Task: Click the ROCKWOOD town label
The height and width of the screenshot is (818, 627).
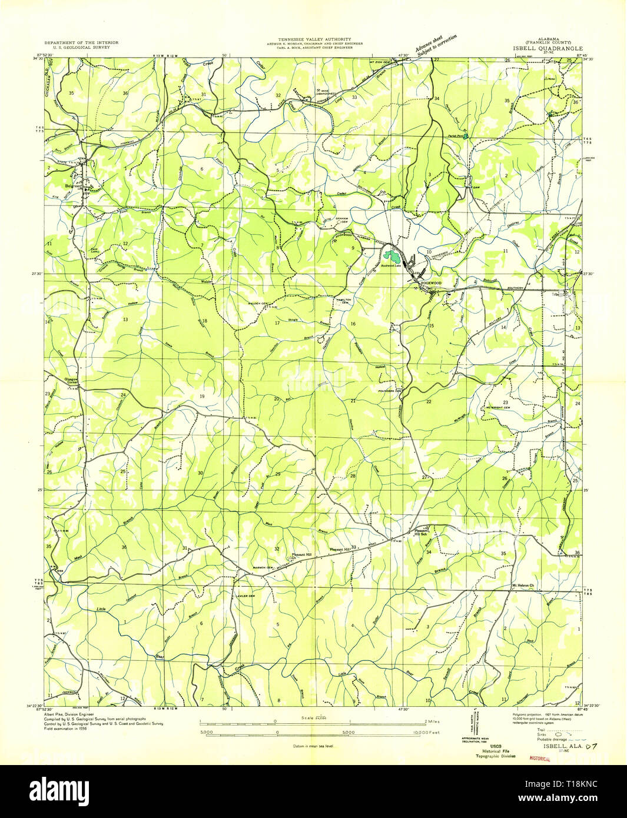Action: point(431,283)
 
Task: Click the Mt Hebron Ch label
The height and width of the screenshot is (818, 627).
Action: point(522,586)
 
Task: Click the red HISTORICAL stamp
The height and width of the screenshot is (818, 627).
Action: point(540,759)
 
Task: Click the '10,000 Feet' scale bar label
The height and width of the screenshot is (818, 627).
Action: point(427,733)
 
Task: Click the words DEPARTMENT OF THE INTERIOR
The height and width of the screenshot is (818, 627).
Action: point(81,43)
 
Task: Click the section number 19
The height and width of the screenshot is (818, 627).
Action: point(201,397)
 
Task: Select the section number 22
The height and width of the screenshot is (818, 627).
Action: point(429,401)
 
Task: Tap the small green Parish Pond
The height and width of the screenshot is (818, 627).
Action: point(466,137)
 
